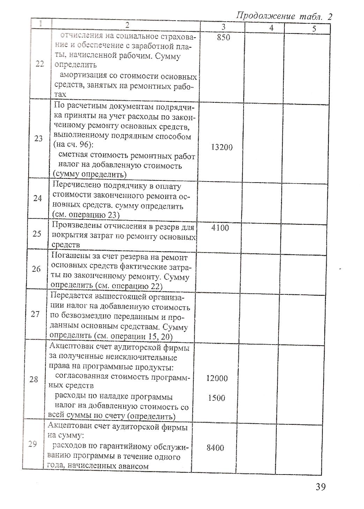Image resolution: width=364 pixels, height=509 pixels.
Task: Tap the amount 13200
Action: coord(222,147)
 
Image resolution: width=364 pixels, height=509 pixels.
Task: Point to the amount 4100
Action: coord(220,228)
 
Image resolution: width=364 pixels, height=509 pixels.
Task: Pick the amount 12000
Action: coord(217,378)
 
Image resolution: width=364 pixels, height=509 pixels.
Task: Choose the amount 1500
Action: coord(216,398)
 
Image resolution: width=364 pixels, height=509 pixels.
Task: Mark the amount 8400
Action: coord(215,448)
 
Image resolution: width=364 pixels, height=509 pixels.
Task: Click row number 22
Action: coord(40,64)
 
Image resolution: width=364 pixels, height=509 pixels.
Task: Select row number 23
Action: coord(39,139)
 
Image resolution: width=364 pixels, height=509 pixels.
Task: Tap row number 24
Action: coord(38,198)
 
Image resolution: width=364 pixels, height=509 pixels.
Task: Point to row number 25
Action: coord(37,234)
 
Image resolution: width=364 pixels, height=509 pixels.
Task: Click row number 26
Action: coord(36,269)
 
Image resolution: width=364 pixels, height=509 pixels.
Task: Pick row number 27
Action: coord(35,314)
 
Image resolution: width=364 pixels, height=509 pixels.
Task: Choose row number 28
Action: coord(34,379)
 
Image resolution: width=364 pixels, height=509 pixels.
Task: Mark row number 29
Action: coord(33,445)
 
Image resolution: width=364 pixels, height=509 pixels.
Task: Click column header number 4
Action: coord(271,28)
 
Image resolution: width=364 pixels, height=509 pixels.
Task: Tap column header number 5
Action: coord(314,29)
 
